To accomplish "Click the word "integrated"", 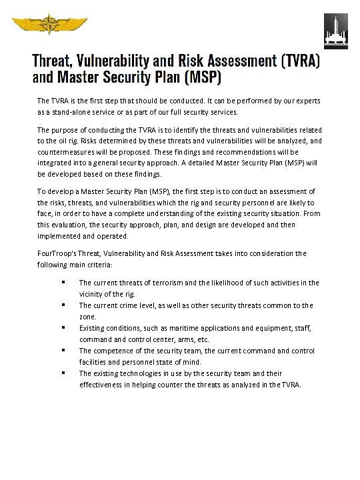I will [55, 162].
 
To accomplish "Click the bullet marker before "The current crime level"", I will [61, 305].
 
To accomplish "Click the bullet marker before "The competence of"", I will [61, 351].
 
